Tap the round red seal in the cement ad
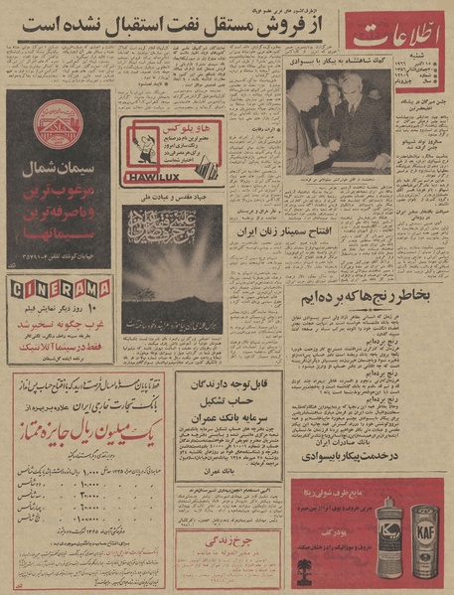(x=58, y=121)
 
